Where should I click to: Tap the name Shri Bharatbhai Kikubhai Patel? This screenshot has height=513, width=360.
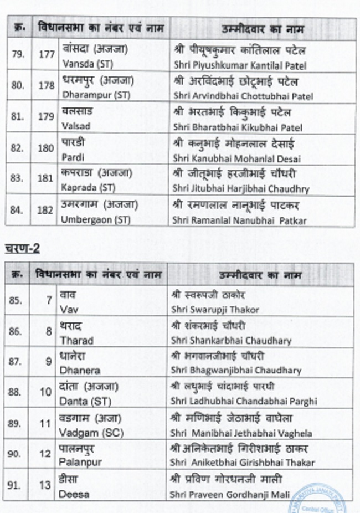(x=238, y=127)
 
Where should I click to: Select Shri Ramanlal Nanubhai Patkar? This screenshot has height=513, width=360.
(x=239, y=220)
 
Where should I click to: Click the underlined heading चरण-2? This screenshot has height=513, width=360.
(x=23, y=249)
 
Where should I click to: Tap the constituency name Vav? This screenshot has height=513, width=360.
(x=66, y=310)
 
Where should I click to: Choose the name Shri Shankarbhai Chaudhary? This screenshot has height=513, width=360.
(x=231, y=341)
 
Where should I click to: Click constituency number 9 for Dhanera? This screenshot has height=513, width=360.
(x=49, y=362)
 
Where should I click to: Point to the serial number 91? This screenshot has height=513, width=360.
(x=16, y=486)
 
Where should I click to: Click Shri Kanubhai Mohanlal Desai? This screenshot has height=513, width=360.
(x=236, y=158)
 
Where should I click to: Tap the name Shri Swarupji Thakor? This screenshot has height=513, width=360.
(x=215, y=310)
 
